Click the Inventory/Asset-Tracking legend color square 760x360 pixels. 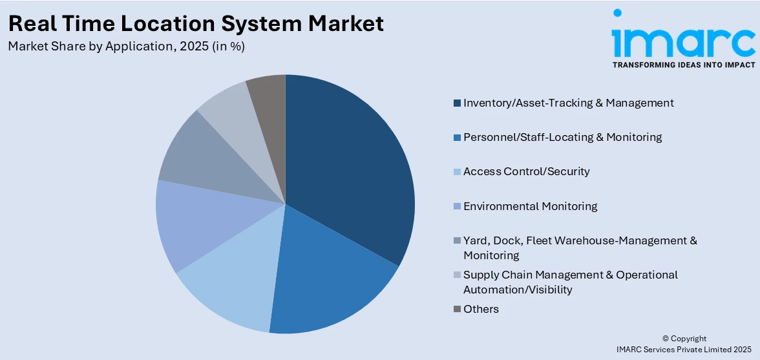(458, 103)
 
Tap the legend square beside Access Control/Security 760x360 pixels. (458, 172)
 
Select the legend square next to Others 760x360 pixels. (458, 310)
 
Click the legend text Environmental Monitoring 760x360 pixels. (530, 206)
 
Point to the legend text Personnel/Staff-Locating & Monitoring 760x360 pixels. (562, 137)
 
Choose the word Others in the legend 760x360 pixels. (481, 309)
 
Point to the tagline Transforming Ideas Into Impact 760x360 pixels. (683, 65)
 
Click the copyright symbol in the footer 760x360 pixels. (666, 339)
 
